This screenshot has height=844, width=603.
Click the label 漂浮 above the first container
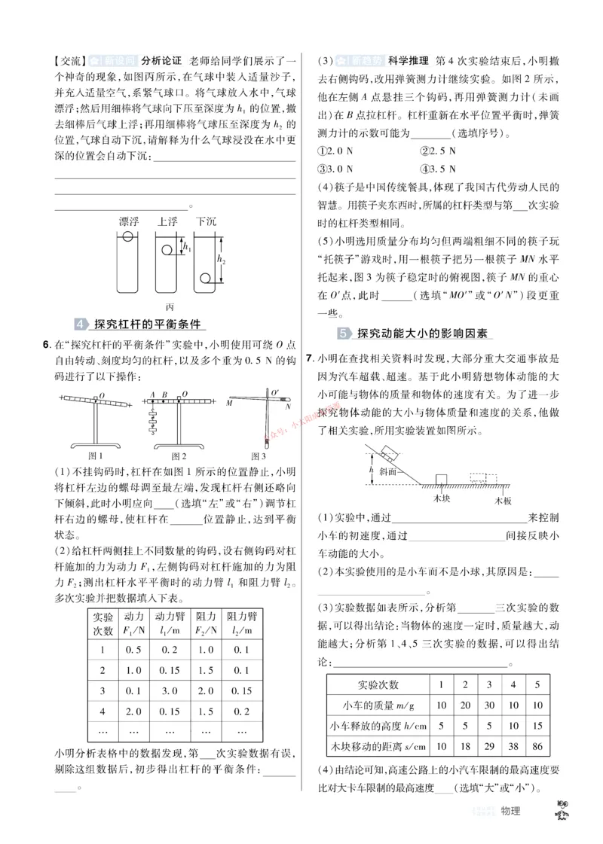[x=129, y=221]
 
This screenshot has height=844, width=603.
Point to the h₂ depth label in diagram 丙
[x=219, y=260]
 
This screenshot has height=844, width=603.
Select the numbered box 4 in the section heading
[x=82, y=325]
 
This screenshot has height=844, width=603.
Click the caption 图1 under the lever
[x=96, y=456]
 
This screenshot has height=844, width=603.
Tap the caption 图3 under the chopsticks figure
[x=260, y=456]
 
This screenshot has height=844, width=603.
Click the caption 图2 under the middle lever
[x=179, y=456]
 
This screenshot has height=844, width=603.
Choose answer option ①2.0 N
[x=335, y=150]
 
